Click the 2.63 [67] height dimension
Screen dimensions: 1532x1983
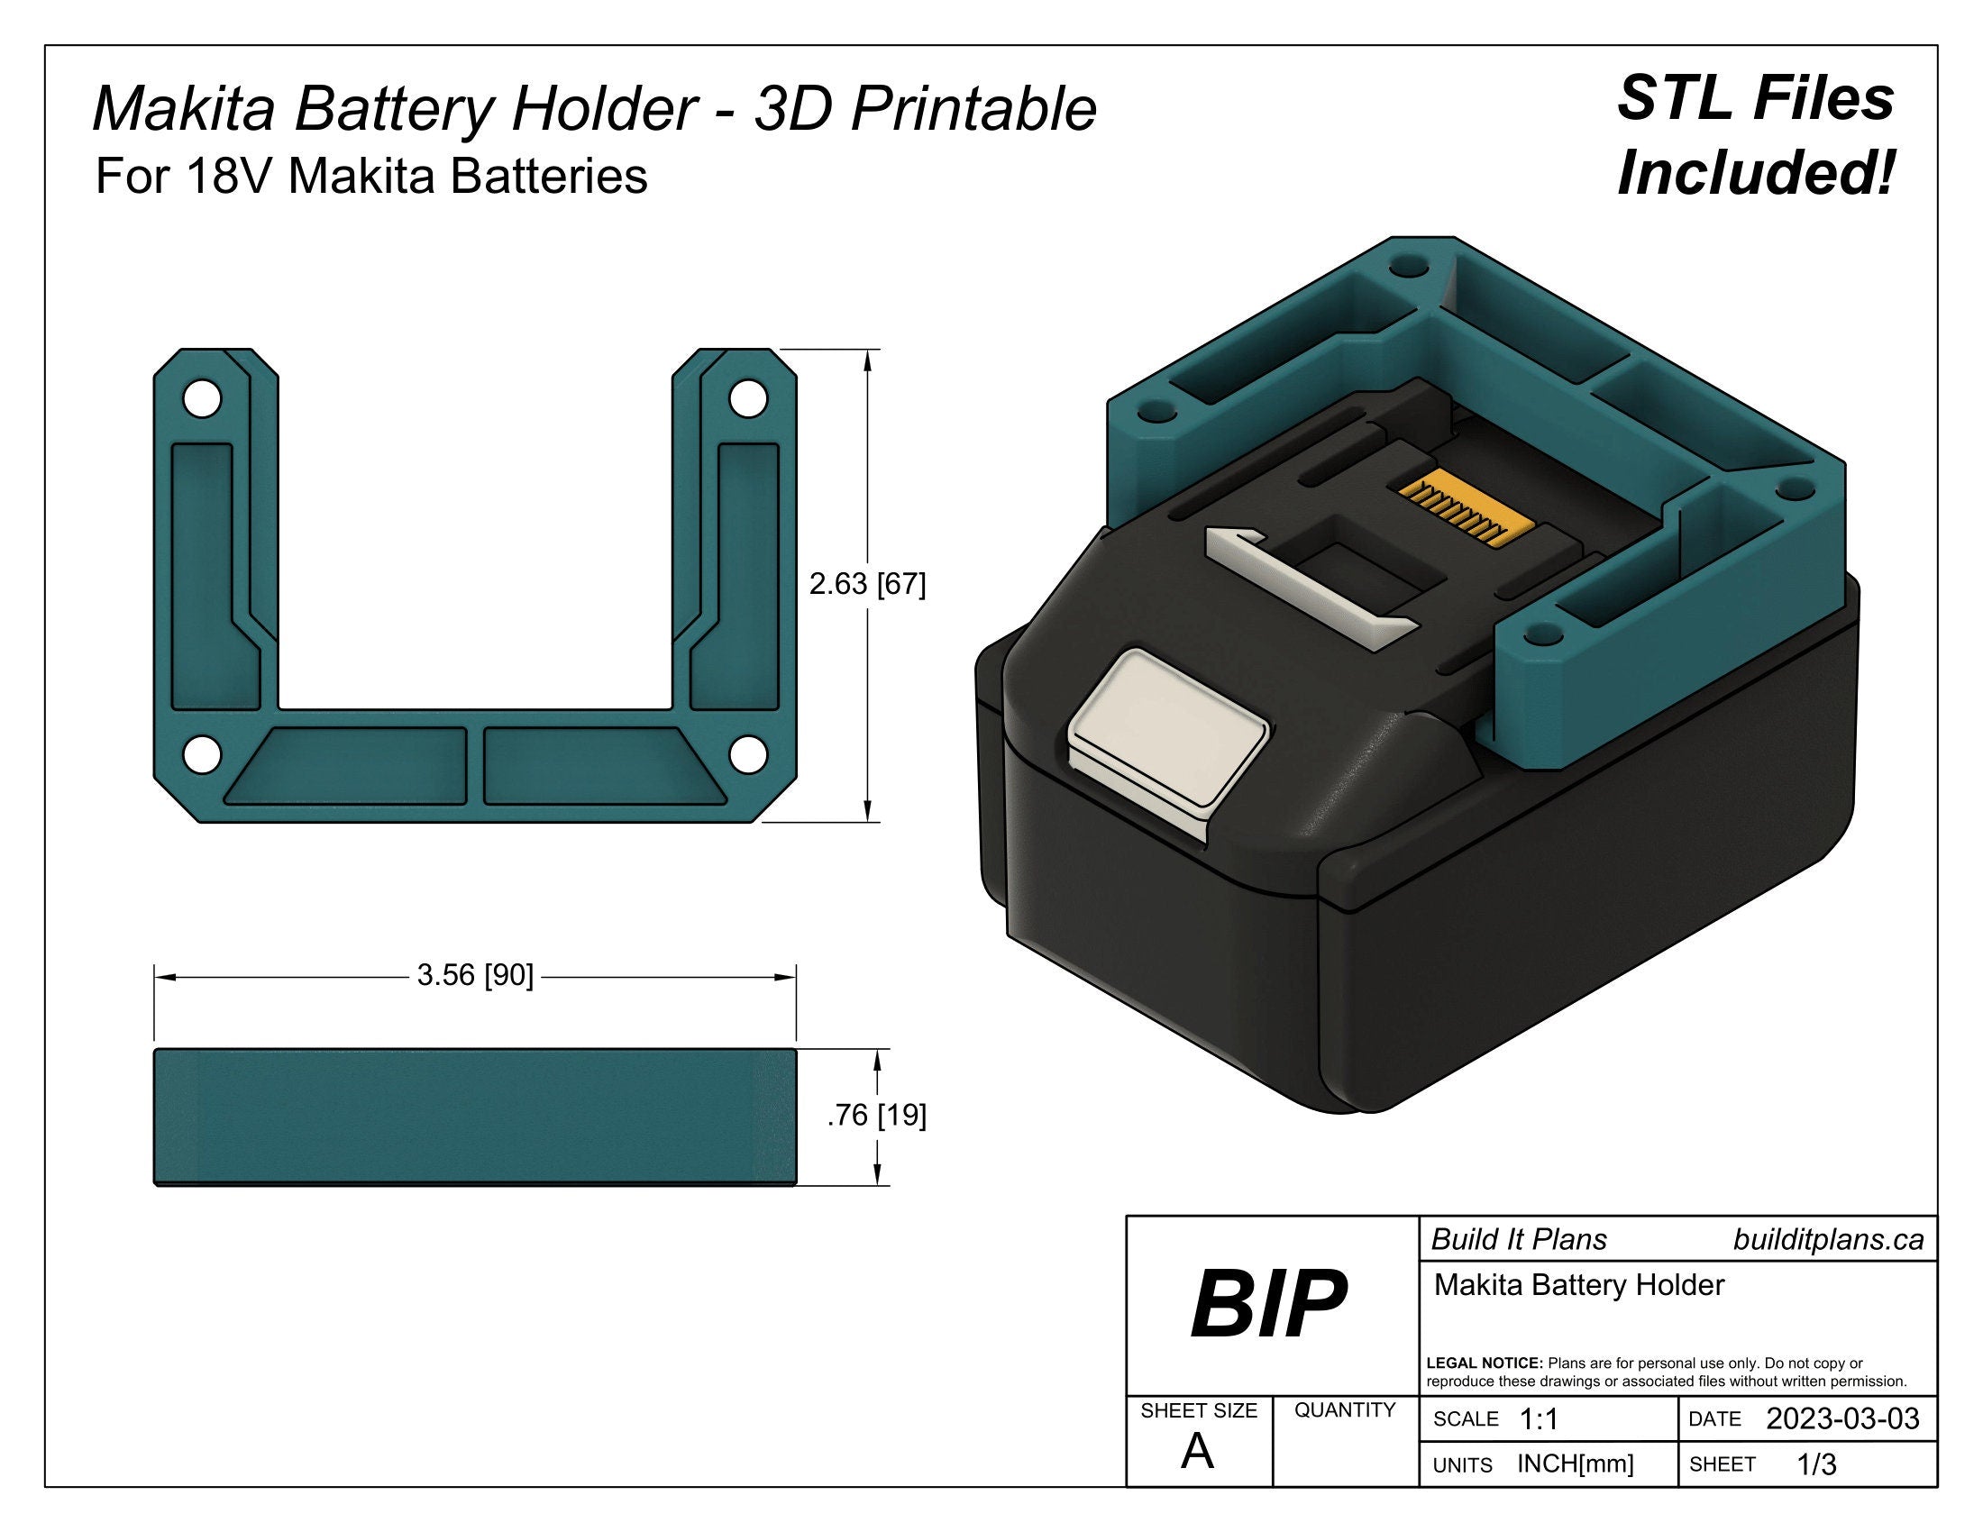867,586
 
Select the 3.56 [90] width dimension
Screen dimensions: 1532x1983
475,976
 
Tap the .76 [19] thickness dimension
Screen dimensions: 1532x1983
876,1116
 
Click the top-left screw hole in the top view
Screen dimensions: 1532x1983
202,399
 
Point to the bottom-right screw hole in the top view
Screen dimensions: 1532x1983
749,753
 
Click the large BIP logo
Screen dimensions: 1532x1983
1268,1304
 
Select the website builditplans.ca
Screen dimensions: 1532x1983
1828,1240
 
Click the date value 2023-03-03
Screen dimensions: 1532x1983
1842,1418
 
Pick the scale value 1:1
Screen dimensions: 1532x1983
1538,1419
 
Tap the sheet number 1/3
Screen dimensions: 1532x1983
1817,1464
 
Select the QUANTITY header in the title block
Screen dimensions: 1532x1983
1344,1409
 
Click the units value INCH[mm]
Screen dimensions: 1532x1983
1576,1464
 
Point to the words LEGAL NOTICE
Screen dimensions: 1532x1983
1485,1363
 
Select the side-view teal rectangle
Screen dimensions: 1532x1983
475,1117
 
